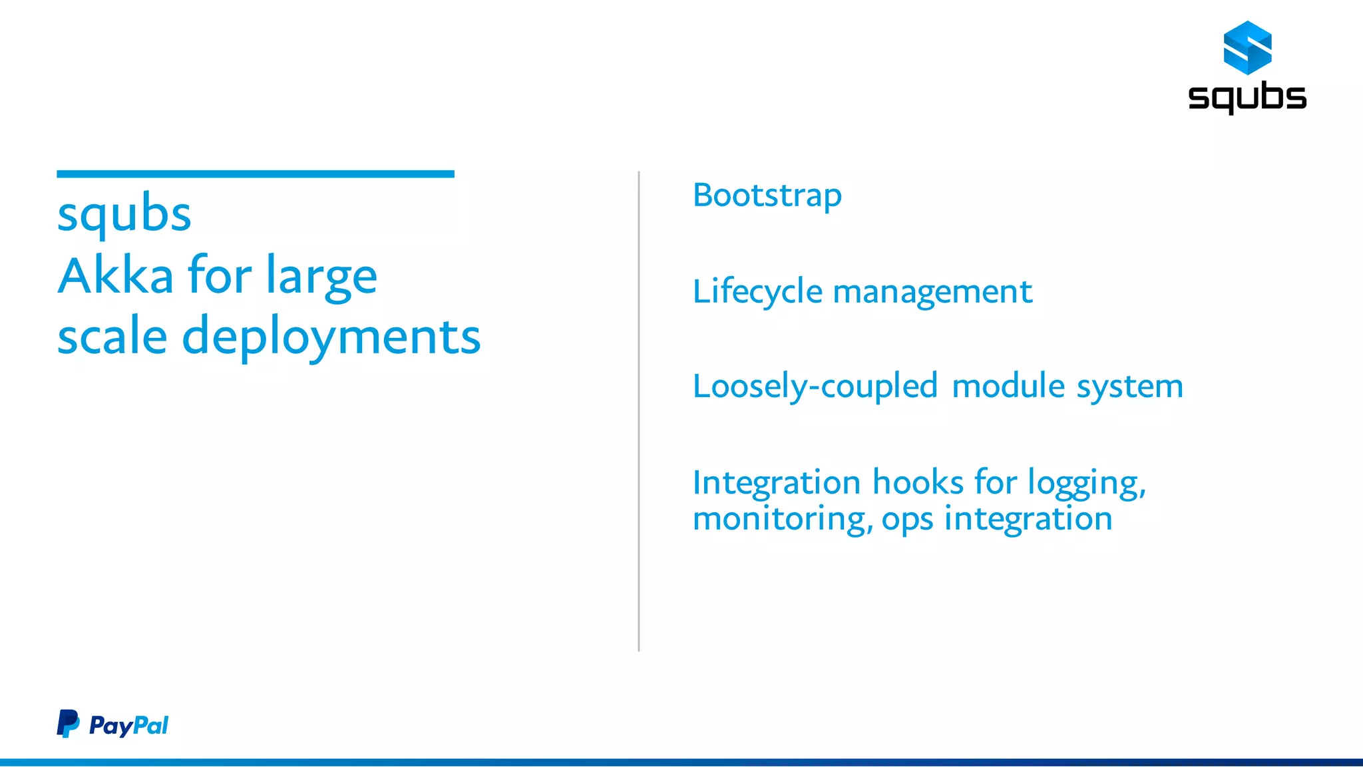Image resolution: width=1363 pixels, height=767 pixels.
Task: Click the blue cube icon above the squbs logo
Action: [1247, 47]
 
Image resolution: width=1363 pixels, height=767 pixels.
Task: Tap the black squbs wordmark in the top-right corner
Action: [1247, 97]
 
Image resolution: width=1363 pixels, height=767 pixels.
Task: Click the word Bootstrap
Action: [767, 196]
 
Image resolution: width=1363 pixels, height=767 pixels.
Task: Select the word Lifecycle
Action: [757, 292]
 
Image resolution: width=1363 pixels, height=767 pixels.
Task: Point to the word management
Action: [932, 293]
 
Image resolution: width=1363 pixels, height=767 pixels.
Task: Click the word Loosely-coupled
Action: [815, 386]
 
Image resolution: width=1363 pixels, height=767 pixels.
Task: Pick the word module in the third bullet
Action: [1008, 386]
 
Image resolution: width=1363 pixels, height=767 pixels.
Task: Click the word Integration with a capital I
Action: [777, 483]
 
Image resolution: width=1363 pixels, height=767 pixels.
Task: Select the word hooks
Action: [918, 482]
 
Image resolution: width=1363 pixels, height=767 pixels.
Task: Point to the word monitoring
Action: [782, 519]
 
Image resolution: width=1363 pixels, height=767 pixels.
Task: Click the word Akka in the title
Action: [116, 275]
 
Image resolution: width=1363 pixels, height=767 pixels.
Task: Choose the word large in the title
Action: [321, 277]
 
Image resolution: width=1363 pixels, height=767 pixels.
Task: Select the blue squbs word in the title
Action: [124, 215]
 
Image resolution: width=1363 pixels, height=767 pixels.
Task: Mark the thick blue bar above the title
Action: [256, 174]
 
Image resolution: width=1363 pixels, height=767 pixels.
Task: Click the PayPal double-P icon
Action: [68, 724]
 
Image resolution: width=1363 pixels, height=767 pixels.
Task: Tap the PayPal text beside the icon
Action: [128, 725]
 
